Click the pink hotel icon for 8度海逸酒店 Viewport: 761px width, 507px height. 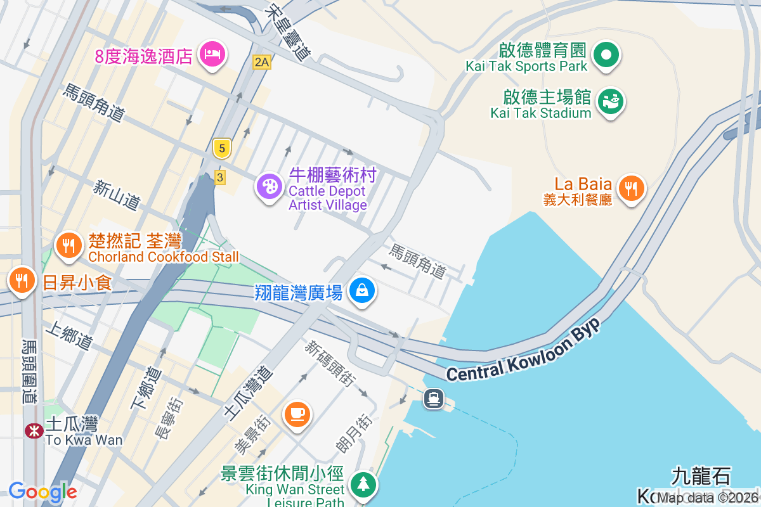(x=212, y=54)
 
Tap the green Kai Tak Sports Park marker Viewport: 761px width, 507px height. (x=606, y=55)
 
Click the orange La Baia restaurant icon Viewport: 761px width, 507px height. (x=630, y=188)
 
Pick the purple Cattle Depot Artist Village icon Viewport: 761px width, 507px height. (x=270, y=186)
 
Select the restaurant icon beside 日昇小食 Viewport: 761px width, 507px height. (x=22, y=279)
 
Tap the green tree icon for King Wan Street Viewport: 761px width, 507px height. (x=363, y=485)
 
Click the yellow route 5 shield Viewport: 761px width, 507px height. (x=221, y=149)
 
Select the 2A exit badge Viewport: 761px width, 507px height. (x=261, y=61)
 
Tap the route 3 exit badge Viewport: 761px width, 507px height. (x=219, y=177)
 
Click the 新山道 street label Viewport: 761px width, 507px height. (x=116, y=195)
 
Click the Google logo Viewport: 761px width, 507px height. (x=42, y=492)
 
